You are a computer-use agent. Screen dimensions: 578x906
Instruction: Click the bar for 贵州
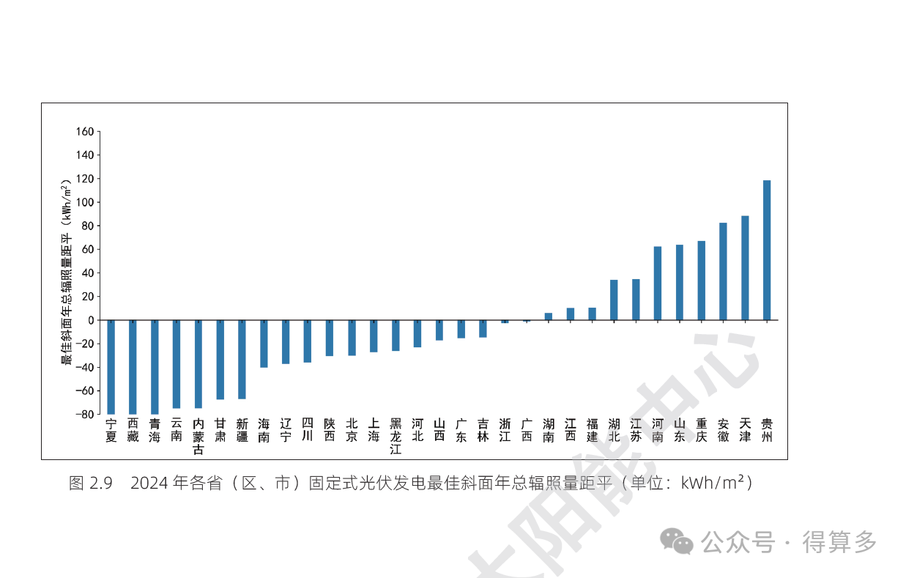(767, 250)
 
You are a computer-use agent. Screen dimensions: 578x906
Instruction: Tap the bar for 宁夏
(111, 366)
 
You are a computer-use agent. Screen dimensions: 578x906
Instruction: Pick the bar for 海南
(264, 344)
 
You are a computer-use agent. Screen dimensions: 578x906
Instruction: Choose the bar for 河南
(658, 283)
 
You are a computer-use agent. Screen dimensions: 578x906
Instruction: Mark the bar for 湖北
(614, 300)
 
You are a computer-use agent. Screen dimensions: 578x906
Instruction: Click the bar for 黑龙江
(396, 336)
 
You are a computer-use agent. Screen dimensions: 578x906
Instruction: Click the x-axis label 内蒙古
(198, 437)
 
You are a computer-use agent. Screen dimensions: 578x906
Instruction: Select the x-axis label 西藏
(133, 430)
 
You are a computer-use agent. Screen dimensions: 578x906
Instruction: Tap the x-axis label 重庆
(702, 430)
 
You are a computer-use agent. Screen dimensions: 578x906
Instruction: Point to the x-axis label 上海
(374, 430)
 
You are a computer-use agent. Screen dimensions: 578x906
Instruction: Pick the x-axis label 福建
(592, 430)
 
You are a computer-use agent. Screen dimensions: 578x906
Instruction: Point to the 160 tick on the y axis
(84, 132)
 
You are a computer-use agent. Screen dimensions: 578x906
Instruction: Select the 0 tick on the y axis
(90, 320)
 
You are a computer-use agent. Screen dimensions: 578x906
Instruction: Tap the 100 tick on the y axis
(84, 202)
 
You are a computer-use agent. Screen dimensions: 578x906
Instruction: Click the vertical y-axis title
(67, 272)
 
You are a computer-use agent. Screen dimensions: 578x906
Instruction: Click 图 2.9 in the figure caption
(90, 483)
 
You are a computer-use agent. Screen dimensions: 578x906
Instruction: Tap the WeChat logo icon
(676, 542)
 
